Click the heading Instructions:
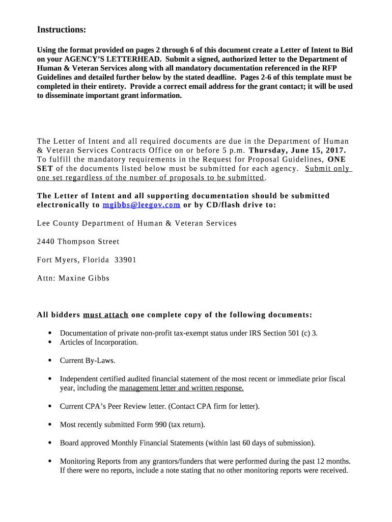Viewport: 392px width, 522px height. click(x=61, y=30)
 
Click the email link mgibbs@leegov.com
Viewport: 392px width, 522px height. click(x=141, y=205)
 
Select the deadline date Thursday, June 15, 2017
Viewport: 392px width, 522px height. click(x=297, y=150)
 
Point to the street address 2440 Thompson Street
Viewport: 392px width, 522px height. click(x=78, y=242)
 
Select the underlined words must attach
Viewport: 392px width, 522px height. click(x=105, y=315)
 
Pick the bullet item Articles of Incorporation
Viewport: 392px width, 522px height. click(x=99, y=343)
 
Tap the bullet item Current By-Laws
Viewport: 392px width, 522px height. click(x=88, y=361)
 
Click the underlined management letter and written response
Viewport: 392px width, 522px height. click(x=181, y=388)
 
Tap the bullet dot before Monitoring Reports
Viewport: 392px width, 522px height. click(x=50, y=461)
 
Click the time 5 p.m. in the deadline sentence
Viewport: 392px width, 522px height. click(x=234, y=150)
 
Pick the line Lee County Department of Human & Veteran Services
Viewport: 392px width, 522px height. click(x=136, y=223)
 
